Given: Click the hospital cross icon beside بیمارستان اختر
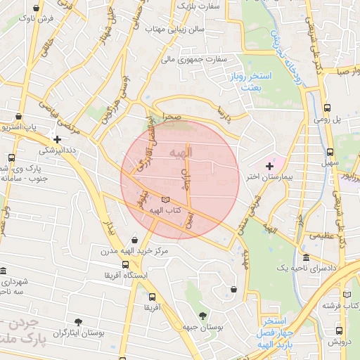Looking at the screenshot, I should [269, 165].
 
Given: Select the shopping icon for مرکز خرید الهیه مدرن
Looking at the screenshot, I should [135, 235].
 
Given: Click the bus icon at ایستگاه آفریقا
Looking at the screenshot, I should [125, 265].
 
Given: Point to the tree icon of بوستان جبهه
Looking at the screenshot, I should [204, 316].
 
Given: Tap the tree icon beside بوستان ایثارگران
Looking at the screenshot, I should [78, 322].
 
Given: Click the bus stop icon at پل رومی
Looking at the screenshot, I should [328, 108].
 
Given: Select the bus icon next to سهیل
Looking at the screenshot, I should [330, 152].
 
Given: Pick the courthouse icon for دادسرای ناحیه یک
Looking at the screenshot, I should [306, 257].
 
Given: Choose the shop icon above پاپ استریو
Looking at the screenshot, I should [18, 117].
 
